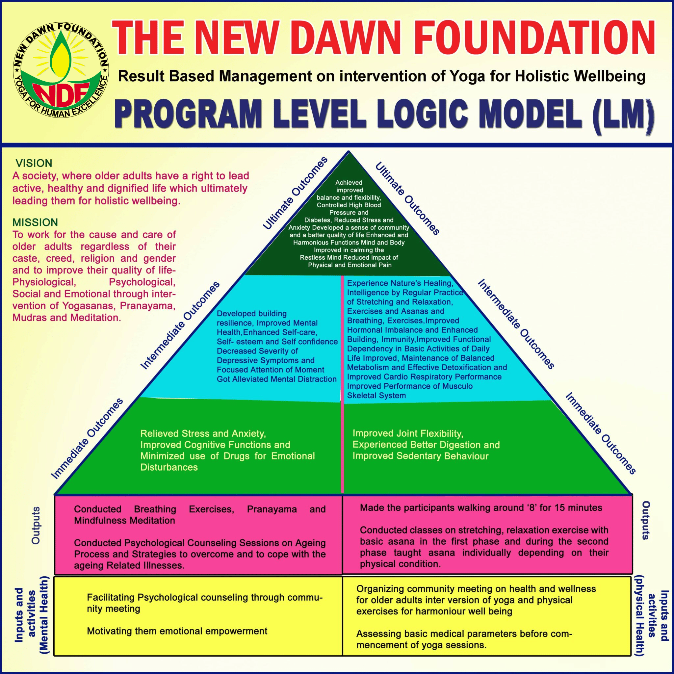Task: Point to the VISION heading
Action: (x=34, y=163)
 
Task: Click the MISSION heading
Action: (x=35, y=222)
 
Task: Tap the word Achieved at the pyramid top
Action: (x=349, y=182)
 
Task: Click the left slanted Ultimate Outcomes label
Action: (x=295, y=193)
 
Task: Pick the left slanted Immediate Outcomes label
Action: (x=87, y=438)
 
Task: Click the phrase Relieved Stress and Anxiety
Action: (x=203, y=433)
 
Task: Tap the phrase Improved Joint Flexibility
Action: (x=408, y=433)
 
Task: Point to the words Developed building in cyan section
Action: (x=251, y=313)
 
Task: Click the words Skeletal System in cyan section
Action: (x=376, y=395)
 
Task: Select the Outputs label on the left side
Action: (x=36, y=525)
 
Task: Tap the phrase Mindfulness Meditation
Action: (x=124, y=521)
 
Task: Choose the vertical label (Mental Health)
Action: (x=44, y=615)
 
